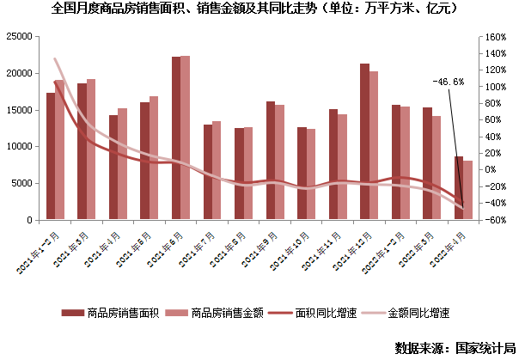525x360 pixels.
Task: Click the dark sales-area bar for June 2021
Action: (175, 137)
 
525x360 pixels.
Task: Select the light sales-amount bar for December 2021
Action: (374, 145)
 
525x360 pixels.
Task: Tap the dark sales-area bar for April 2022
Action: (459, 188)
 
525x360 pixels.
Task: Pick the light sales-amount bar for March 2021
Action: (91, 149)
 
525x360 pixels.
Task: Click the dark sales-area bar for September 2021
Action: (270, 161)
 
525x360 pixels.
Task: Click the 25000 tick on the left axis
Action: (19, 37)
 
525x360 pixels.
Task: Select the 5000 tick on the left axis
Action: (21, 183)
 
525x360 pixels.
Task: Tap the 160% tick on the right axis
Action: (496, 37)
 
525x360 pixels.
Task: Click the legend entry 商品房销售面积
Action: (111, 313)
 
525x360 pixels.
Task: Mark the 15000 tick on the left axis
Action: (19, 110)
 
